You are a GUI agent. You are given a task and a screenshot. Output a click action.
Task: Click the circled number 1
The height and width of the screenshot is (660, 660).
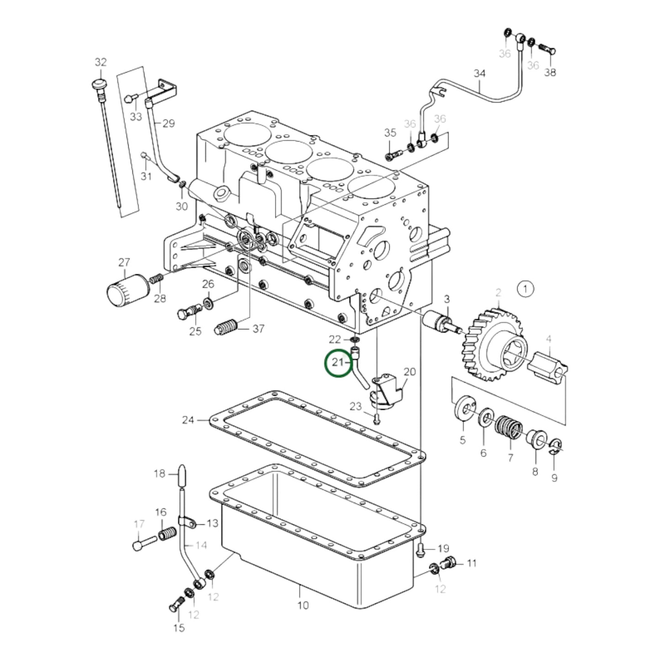pyautogui.click(x=525, y=289)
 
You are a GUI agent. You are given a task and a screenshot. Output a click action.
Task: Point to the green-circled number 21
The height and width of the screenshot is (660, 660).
pyautogui.click(x=338, y=363)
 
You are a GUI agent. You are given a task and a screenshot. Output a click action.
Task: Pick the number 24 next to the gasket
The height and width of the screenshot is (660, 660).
pyautogui.click(x=188, y=420)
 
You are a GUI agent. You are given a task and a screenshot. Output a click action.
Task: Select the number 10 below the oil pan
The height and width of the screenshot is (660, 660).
pyautogui.click(x=303, y=605)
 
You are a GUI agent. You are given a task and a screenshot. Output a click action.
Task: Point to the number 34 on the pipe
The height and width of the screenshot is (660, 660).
pyautogui.click(x=480, y=73)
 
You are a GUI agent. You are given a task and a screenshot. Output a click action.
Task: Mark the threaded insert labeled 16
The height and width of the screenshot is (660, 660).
pyautogui.click(x=168, y=533)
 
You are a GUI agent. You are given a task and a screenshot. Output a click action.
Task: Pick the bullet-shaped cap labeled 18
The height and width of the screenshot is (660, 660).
pyautogui.click(x=182, y=475)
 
